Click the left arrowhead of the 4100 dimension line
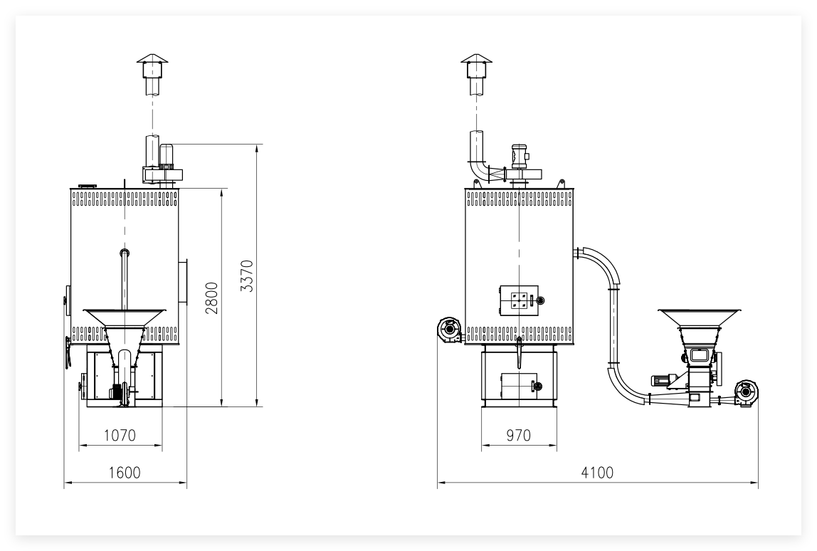(x=441, y=482)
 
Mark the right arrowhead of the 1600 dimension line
(x=183, y=482)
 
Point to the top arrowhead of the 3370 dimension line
(x=257, y=148)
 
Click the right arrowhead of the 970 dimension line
(x=554, y=445)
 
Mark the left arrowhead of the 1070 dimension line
(x=83, y=445)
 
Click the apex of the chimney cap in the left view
(x=153, y=53)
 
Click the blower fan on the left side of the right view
(x=450, y=330)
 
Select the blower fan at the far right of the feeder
(x=746, y=392)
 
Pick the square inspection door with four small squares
(x=519, y=300)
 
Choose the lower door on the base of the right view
(x=519, y=387)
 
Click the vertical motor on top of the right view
(x=520, y=156)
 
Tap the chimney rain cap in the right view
(x=476, y=58)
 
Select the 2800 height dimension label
(x=212, y=298)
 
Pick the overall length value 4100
(x=597, y=472)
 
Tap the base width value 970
(x=518, y=435)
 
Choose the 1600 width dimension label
(x=125, y=472)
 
